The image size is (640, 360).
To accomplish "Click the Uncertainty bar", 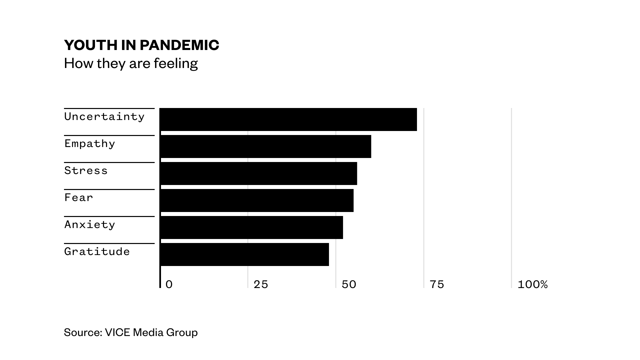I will coord(288,119).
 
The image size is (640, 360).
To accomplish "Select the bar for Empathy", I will coord(266,146).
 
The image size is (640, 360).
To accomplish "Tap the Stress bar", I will coord(259,173).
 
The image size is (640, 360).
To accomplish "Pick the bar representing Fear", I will coord(257,200).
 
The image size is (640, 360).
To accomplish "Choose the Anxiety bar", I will coord(252,227).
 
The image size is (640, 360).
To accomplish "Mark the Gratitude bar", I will coord(245,254).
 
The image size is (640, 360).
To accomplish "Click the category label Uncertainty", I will coord(104,117).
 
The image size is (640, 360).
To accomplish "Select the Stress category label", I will coord(86,171).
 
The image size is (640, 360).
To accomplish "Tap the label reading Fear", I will coord(79,198).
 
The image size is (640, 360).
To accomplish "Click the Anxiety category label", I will coord(90,225).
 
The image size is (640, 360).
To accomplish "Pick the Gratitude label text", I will coord(97,252).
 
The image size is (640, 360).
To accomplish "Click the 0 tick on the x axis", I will coord(169,284).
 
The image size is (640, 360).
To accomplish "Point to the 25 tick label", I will coord(261,284).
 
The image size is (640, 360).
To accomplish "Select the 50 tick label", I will coord(349,284).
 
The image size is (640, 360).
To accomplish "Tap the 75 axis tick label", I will coord(437,284).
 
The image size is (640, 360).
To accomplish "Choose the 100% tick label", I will coord(532,284).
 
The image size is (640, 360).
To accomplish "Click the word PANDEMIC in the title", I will coord(179,45).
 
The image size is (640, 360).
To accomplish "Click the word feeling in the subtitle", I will coord(176,63).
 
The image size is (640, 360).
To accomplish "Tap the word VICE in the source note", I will coord(117,332).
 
